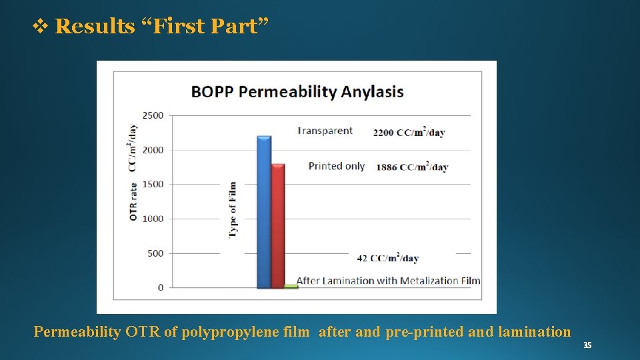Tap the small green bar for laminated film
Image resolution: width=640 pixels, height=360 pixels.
pyautogui.click(x=291, y=286)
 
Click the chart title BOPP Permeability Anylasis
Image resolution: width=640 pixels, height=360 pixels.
pyautogui.click(x=297, y=91)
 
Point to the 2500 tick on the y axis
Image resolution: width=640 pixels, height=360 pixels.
pyautogui.click(x=153, y=115)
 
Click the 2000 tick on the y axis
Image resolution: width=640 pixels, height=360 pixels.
pyautogui.click(x=153, y=150)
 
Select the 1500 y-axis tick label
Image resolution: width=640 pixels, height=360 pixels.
pyautogui.click(x=153, y=184)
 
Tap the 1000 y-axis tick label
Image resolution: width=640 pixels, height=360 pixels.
pyautogui.click(x=153, y=219)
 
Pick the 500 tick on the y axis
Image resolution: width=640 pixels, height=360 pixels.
pyautogui.click(x=155, y=253)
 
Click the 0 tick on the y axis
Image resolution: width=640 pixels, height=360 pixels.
pyautogui.click(x=160, y=287)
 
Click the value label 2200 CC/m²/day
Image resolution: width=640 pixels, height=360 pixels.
pyautogui.click(x=409, y=132)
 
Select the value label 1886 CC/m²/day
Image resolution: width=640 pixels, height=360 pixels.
pyautogui.click(x=411, y=167)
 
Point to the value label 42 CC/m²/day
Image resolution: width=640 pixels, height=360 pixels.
pyautogui.click(x=387, y=258)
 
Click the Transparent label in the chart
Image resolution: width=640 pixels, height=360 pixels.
pyautogui.click(x=325, y=131)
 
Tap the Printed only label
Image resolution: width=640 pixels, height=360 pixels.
pyautogui.click(x=336, y=166)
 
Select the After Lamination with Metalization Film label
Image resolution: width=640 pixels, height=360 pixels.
pyautogui.click(x=388, y=281)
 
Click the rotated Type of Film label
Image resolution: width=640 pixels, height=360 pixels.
pyautogui.click(x=233, y=209)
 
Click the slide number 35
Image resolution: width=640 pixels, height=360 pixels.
pyautogui.click(x=587, y=345)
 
